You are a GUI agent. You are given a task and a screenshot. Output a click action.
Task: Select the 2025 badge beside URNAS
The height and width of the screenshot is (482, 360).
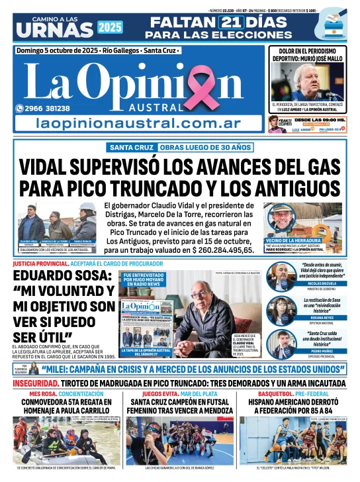(x=109, y=27)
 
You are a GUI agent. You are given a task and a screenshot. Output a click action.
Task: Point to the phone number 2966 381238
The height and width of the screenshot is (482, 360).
(x=46, y=108)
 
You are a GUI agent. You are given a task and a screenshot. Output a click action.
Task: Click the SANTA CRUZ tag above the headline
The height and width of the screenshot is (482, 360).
(x=132, y=147)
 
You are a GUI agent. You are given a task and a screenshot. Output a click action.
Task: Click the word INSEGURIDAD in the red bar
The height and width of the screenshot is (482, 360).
(x=30, y=383)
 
